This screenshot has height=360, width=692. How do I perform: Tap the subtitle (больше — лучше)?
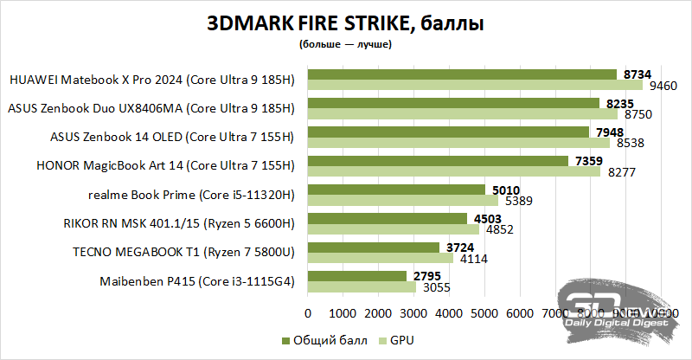345,43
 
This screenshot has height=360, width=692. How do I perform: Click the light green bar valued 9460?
475,85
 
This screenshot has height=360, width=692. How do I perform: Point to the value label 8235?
612,103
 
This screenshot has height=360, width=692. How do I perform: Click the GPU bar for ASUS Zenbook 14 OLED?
458,143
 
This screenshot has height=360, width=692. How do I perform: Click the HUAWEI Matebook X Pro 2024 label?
152,80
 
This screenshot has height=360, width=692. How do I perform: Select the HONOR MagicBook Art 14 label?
165,166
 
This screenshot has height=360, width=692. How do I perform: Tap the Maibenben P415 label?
198,281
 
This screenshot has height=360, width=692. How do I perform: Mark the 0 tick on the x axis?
308,312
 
